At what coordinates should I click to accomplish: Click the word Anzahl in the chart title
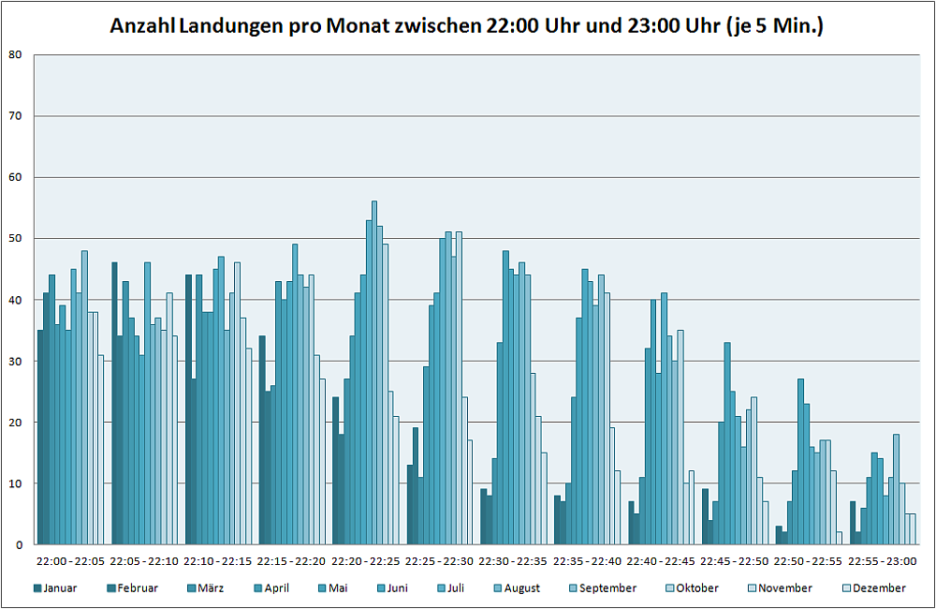pyautogui.click(x=141, y=26)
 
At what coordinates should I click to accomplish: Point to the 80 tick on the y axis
pyautogui.click(x=15, y=54)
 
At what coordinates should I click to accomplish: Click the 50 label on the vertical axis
pyautogui.click(x=15, y=238)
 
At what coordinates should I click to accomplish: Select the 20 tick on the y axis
pyautogui.click(x=15, y=422)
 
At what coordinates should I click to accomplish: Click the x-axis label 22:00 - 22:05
pyautogui.click(x=70, y=561)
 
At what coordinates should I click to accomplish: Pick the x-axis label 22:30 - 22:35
pyautogui.click(x=514, y=561)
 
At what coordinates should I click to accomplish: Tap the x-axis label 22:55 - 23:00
pyautogui.click(x=883, y=561)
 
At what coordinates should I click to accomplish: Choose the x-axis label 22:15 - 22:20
pyautogui.click(x=292, y=561)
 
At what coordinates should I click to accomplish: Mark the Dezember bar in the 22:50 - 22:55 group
pyautogui.click(x=840, y=538)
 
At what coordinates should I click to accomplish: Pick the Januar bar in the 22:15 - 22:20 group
pyautogui.click(x=262, y=440)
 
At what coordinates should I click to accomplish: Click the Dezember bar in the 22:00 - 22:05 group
pyautogui.click(x=101, y=450)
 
